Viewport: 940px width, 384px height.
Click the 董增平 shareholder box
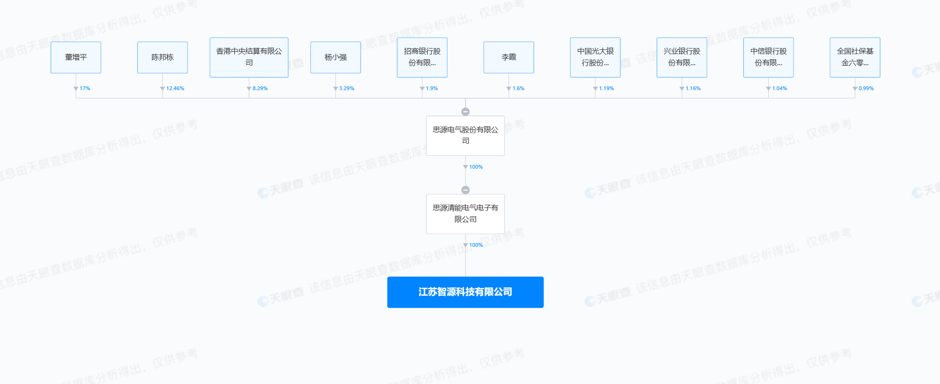(x=76, y=57)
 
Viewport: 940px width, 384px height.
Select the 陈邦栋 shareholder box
(x=162, y=57)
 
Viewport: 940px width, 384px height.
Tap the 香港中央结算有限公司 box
(x=249, y=57)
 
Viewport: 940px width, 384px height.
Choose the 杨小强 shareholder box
(x=335, y=57)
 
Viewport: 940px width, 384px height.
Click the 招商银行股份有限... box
(x=422, y=57)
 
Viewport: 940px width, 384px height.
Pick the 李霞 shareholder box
(x=509, y=57)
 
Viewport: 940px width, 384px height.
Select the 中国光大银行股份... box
(x=595, y=57)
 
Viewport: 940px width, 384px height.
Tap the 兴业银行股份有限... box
(x=682, y=57)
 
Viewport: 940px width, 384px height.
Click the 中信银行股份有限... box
(x=768, y=57)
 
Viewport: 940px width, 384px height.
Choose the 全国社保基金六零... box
(x=855, y=57)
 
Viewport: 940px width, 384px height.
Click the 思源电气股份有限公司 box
(x=465, y=135)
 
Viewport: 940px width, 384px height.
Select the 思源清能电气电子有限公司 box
(x=465, y=213)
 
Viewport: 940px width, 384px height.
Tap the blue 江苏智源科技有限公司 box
(x=465, y=292)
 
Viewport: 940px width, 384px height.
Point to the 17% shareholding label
(x=85, y=88)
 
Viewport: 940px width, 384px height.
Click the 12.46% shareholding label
(x=175, y=88)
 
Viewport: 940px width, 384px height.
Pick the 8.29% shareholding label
(x=260, y=88)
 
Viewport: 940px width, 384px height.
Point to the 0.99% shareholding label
(x=866, y=88)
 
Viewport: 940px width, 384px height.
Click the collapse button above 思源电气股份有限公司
(x=466, y=112)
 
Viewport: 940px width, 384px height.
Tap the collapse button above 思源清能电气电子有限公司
(x=466, y=190)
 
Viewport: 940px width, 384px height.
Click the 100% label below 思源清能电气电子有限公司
(x=476, y=245)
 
